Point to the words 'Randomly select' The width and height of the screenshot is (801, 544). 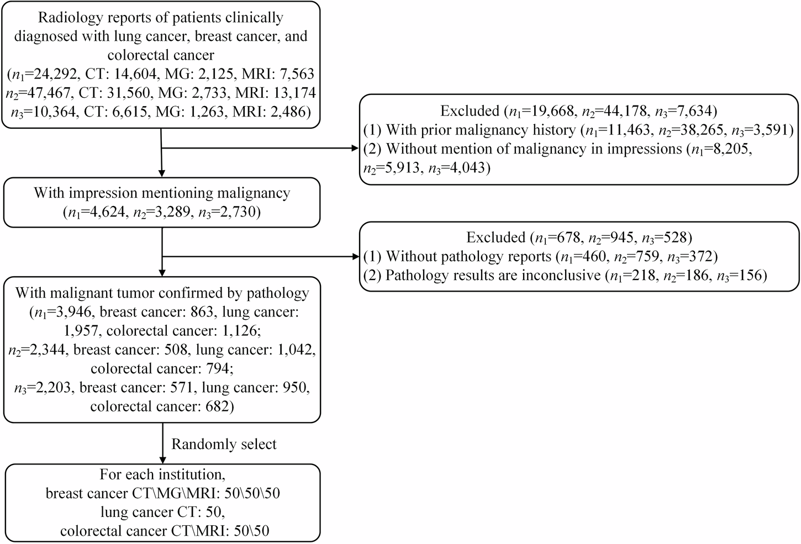tap(224, 444)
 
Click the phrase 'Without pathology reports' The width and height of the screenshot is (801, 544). tap(465, 256)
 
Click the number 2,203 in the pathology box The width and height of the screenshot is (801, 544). tap(53, 388)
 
